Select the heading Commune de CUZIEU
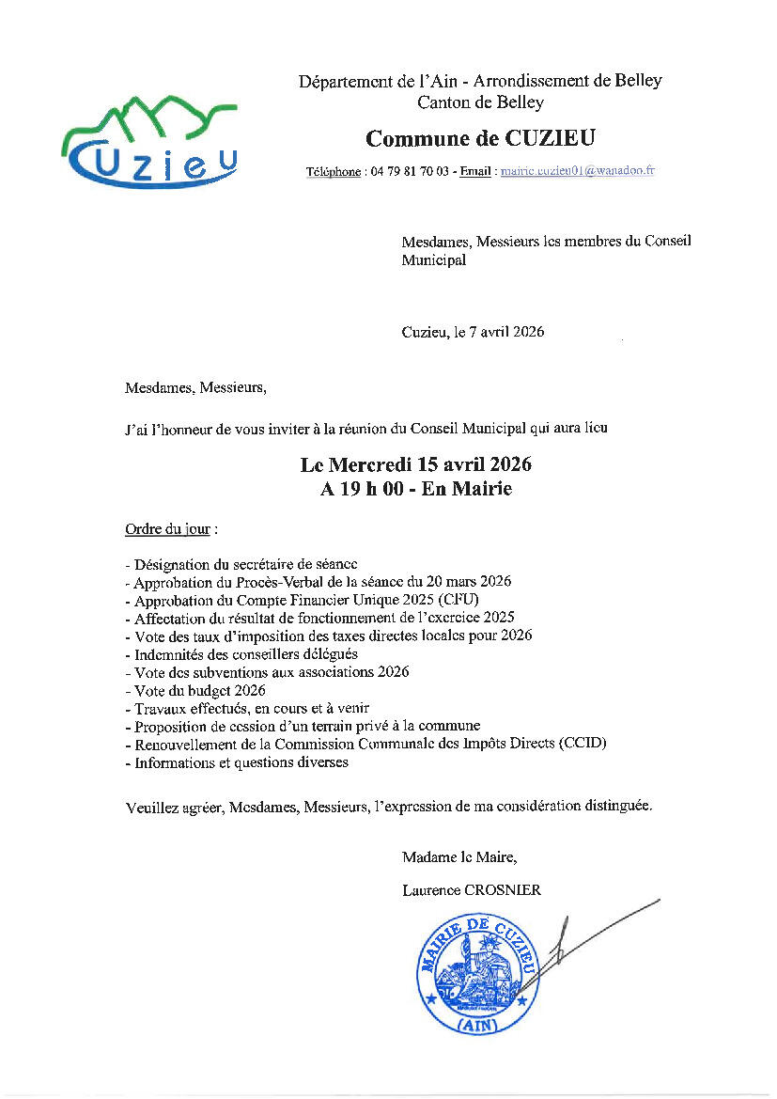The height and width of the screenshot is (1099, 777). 480,139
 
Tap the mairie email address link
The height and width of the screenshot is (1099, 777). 577,171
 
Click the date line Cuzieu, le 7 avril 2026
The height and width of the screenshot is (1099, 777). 473,332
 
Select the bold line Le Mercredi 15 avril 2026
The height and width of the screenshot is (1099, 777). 416,465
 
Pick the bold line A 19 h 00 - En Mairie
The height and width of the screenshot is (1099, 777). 416,489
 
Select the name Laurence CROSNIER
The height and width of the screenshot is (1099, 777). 471,890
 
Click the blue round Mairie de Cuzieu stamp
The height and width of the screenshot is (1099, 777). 478,974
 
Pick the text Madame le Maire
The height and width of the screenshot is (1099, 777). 458,856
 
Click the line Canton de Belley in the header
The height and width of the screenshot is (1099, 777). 479,102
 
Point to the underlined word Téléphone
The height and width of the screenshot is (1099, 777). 334,172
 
